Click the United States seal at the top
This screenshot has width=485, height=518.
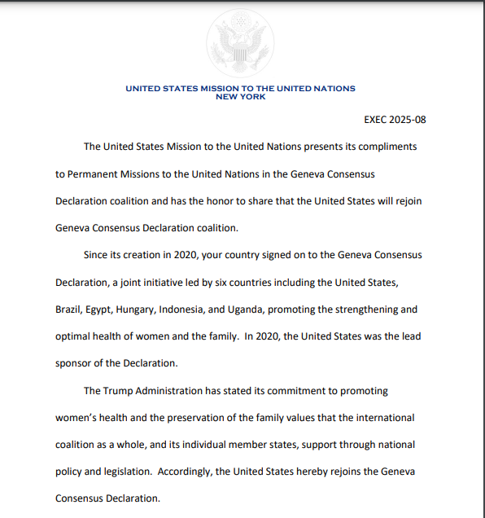tap(240, 40)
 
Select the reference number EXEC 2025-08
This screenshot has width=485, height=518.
tap(395, 120)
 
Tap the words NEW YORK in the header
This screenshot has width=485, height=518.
tap(240, 96)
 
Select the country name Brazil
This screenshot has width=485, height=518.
tap(69, 309)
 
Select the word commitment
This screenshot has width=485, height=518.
tap(296, 391)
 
